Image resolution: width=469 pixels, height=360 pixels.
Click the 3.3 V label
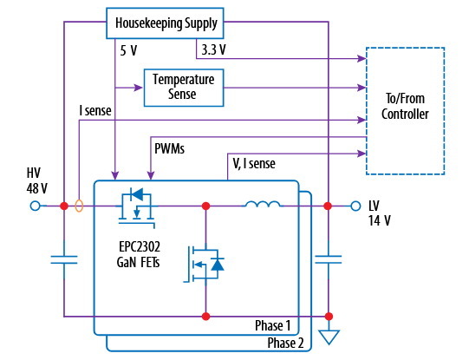[x=213, y=49]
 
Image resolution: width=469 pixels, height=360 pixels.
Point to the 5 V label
[x=128, y=50]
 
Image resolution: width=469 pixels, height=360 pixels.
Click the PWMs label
[x=169, y=148]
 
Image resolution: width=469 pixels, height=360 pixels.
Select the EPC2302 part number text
[x=140, y=247]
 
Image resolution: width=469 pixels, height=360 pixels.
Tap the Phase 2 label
[x=285, y=343]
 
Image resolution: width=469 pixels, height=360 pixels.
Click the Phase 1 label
[x=273, y=325]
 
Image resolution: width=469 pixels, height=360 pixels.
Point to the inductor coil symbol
[x=263, y=204]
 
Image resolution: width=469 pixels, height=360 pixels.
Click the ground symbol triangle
[x=329, y=337]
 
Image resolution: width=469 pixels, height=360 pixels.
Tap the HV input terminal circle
[x=36, y=206]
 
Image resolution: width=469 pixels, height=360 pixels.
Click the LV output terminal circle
[x=355, y=206]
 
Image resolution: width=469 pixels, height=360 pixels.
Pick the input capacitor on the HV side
[x=64, y=259]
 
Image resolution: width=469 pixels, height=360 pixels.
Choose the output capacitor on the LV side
[x=329, y=259]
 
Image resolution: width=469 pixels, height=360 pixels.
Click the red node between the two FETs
[x=205, y=206]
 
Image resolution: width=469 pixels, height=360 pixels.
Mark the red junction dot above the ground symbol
[x=329, y=317]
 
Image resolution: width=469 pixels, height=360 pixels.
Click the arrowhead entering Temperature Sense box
[x=139, y=88]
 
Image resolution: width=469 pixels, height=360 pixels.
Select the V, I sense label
[x=254, y=164]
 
